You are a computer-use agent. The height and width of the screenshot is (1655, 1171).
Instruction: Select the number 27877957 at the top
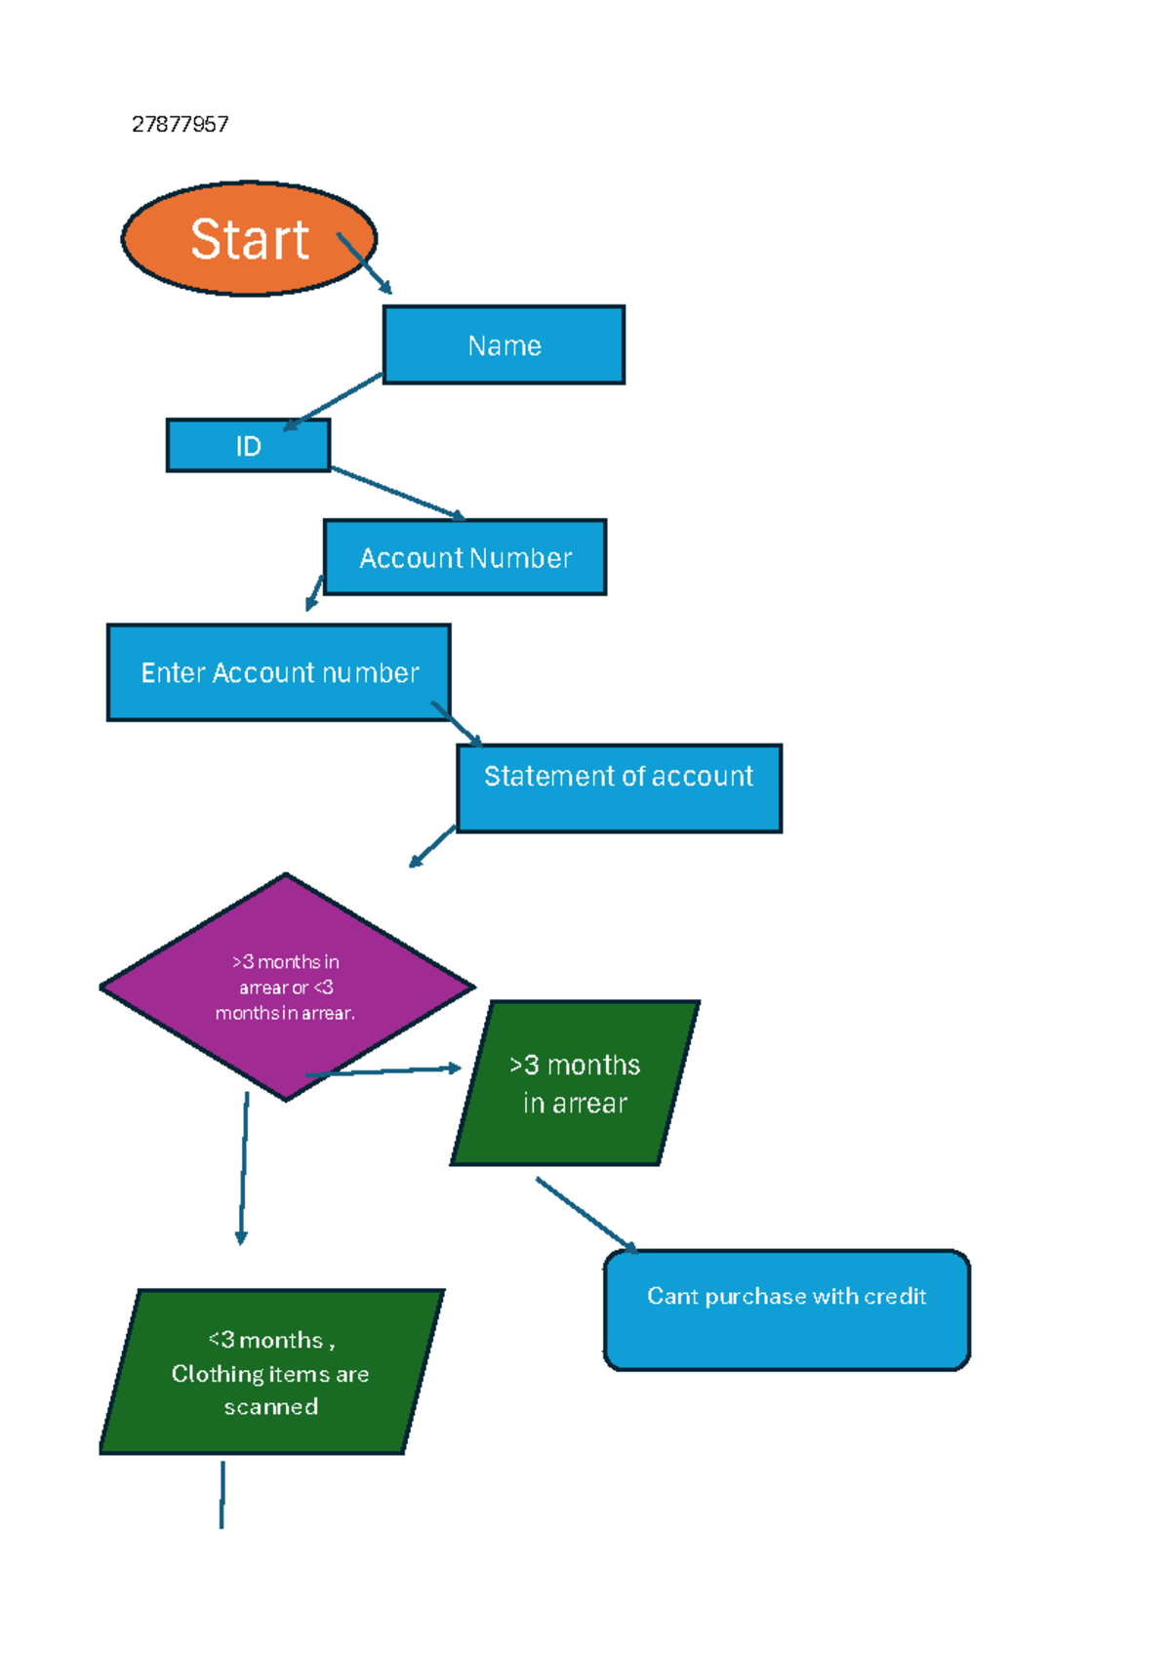pyautogui.click(x=181, y=124)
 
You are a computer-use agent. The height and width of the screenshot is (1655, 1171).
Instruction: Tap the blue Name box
pyautogui.click(x=504, y=344)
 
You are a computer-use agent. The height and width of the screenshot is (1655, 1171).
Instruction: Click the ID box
pyautogui.click(x=248, y=446)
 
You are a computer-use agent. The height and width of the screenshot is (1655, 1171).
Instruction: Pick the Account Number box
pyautogui.click(x=464, y=557)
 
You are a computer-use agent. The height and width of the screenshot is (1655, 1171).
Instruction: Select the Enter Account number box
pyautogui.click(x=278, y=672)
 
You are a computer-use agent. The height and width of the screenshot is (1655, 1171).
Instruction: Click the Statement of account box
pyautogui.click(x=619, y=788)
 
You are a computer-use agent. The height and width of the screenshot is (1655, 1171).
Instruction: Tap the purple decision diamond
pyautogui.click(x=285, y=987)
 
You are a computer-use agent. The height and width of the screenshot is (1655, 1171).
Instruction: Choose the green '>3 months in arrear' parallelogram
pyautogui.click(x=575, y=1083)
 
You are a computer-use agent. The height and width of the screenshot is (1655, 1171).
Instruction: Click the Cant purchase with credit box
pyautogui.click(x=787, y=1310)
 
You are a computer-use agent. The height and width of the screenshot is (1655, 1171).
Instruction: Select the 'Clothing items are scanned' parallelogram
pyautogui.click(x=271, y=1372)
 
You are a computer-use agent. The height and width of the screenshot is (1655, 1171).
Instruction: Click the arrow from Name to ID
pyautogui.click(x=332, y=401)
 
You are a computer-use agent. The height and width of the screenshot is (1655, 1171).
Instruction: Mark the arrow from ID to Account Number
pyautogui.click(x=397, y=493)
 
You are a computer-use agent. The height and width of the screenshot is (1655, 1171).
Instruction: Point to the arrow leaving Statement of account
pyautogui.click(x=432, y=846)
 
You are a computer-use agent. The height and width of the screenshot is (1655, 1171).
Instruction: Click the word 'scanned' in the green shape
pyautogui.click(x=271, y=1406)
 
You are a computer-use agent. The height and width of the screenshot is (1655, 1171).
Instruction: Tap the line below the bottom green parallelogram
pyautogui.click(x=222, y=1494)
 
